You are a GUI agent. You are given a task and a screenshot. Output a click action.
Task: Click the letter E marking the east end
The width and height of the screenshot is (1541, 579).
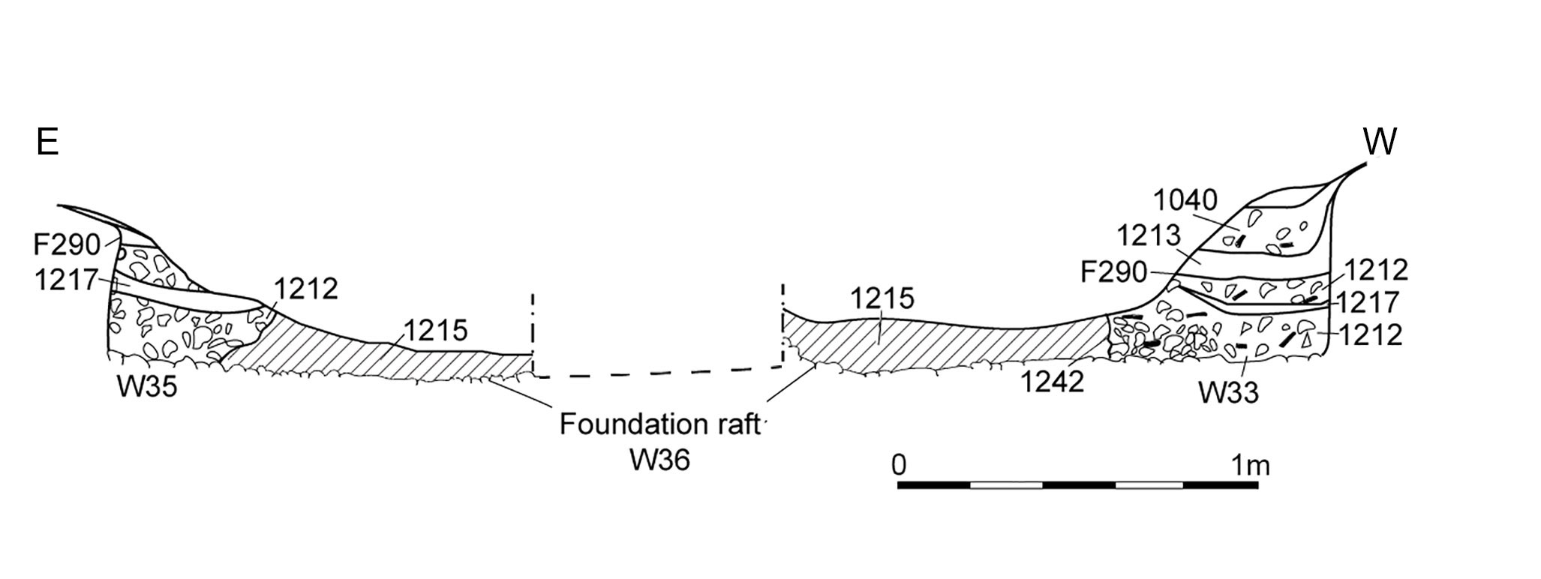pyautogui.click(x=47, y=142)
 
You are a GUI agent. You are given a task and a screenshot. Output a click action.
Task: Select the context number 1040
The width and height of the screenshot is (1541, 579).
pyautogui.click(x=1185, y=200)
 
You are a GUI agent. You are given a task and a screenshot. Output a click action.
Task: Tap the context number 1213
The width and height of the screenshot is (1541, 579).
pyautogui.click(x=1149, y=236)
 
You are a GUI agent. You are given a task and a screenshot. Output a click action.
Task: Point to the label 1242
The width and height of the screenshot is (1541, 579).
pyautogui.click(x=1053, y=382)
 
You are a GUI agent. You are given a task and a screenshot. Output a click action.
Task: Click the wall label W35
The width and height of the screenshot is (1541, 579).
pyautogui.click(x=147, y=386)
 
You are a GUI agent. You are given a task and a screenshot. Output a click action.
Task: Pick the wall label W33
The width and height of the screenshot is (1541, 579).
pyautogui.click(x=1227, y=392)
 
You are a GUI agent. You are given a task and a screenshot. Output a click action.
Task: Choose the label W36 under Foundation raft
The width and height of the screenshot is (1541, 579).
pyautogui.click(x=660, y=460)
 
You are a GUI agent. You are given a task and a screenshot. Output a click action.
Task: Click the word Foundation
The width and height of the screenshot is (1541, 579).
pyautogui.click(x=632, y=424)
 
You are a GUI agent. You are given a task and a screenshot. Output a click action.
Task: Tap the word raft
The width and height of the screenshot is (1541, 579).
pyautogui.click(x=736, y=424)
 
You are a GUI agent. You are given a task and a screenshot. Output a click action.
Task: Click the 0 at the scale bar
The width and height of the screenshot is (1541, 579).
pyautogui.click(x=899, y=465)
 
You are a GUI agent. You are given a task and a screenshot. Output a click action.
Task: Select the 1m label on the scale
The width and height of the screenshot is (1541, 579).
pyautogui.click(x=1251, y=465)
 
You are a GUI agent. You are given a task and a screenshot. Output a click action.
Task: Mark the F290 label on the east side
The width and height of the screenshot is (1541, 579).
pyautogui.click(x=67, y=244)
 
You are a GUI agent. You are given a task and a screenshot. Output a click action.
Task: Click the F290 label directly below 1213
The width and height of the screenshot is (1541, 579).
pyautogui.click(x=1114, y=272)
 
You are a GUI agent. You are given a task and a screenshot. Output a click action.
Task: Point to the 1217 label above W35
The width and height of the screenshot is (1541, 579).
pyautogui.click(x=67, y=280)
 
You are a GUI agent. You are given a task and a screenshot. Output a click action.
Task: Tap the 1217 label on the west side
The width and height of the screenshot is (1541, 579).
pyautogui.click(x=1368, y=302)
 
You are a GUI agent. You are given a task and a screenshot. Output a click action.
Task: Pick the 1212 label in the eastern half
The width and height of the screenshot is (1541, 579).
pyautogui.click(x=306, y=288)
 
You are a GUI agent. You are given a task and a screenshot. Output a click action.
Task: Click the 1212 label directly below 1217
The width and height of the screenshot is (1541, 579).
pyautogui.click(x=1370, y=334)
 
